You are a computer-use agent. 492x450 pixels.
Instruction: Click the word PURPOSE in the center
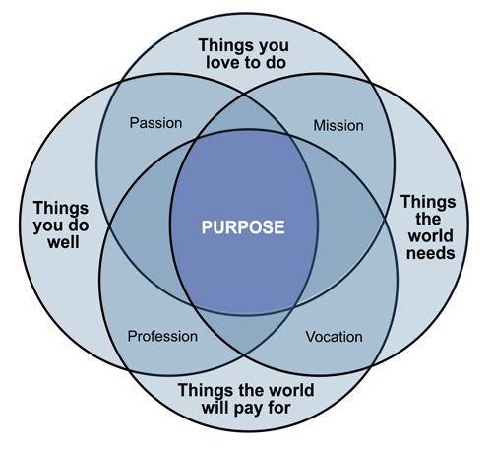click(x=243, y=227)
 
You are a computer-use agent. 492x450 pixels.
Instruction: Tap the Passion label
click(x=155, y=123)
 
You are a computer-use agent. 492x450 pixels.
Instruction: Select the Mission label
click(x=338, y=126)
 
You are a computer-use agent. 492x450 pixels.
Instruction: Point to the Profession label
click(x=162, y=336)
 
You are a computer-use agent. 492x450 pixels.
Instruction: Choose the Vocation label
click(x=335, y=337)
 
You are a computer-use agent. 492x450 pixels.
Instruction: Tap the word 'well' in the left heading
click(x=63, y=242)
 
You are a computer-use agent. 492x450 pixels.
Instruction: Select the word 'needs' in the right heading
click(x=431, y=253)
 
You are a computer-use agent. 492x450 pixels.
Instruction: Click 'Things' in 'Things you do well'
click(x=61, y=208)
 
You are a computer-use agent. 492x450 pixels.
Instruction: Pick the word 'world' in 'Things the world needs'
click(x=431, y=235)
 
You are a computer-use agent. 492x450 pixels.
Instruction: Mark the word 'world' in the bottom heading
click(x=291, y=390)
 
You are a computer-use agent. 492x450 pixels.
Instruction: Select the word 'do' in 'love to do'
click(x=277, y=62)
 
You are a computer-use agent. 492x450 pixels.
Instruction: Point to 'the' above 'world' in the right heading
click(x=428, y=219)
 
